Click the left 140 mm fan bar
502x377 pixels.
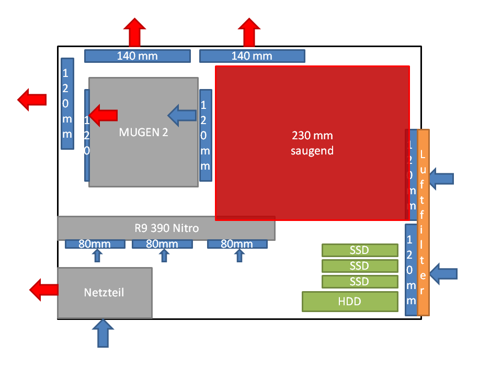(137, 56)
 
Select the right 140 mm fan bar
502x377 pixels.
(252, 56)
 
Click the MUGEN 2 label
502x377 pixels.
(143, 132)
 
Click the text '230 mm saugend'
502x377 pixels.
(312, 143)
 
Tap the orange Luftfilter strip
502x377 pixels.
(424, 223)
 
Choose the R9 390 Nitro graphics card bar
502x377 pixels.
(166, 228)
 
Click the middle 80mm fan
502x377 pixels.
(162, 244)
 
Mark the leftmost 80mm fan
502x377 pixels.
(95, 244)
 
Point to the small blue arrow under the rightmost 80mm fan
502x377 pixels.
(240, 256)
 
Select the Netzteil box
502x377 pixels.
(105, 293)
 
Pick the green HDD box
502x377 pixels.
(350, 302)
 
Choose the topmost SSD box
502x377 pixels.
(359, 250)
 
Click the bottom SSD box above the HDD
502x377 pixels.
(359, 282)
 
